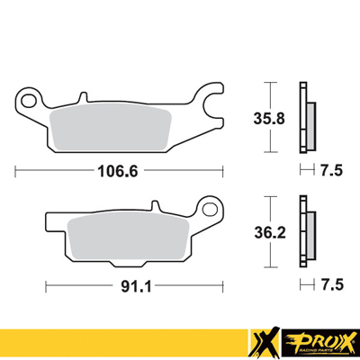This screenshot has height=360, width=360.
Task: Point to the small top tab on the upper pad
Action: tap(82, 94)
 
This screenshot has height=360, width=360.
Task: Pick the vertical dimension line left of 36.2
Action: tap(266, 231)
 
